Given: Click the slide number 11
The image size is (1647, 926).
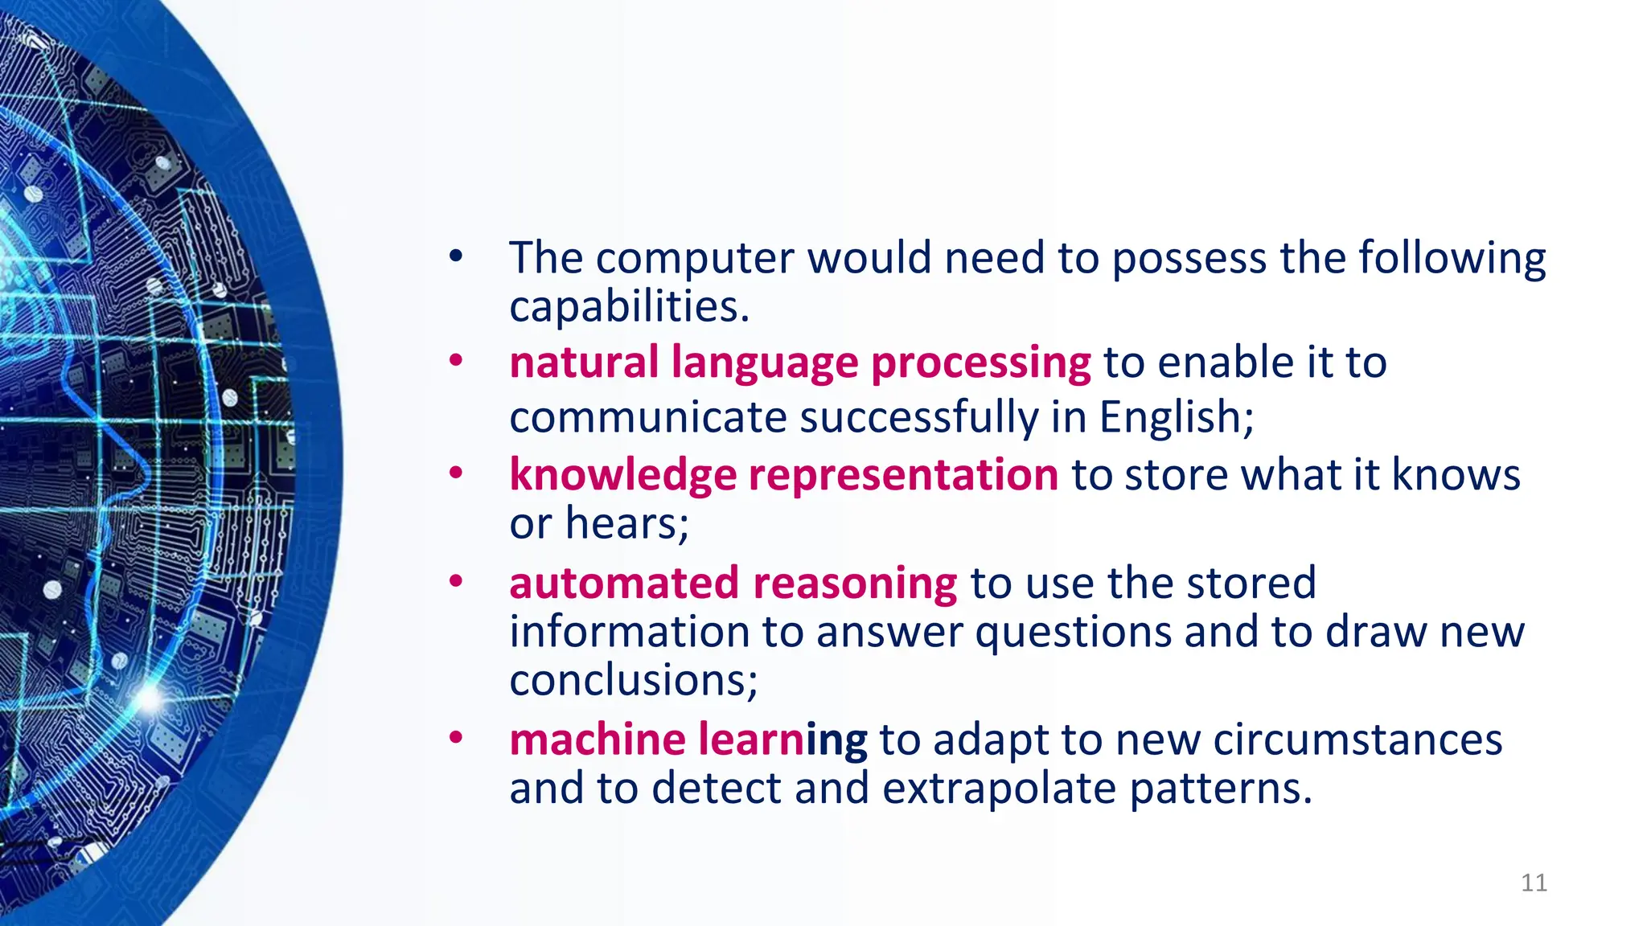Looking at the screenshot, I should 1534,883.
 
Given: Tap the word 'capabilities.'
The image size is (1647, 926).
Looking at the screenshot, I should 630,307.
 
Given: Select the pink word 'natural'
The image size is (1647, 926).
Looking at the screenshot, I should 584,362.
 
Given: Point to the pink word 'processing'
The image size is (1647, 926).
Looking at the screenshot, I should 981,363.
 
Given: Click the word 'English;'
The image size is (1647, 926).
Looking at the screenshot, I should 1177,418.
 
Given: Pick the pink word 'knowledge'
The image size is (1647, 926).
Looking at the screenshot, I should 622,475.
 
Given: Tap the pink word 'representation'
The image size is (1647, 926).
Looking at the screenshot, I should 904,475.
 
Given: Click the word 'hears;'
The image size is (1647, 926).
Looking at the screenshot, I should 627,523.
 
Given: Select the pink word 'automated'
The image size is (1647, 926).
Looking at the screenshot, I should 624,583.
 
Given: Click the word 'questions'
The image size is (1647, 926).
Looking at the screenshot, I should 1074,633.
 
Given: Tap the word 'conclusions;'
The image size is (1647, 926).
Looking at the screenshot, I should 634,680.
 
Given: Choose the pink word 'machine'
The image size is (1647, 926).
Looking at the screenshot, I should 598,740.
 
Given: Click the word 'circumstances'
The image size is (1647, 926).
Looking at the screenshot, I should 1357,740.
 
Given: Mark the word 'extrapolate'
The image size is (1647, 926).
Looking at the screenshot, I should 999,789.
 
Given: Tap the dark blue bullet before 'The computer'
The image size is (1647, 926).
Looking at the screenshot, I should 456,256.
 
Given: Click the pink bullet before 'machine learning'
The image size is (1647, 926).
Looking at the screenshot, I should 456,737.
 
